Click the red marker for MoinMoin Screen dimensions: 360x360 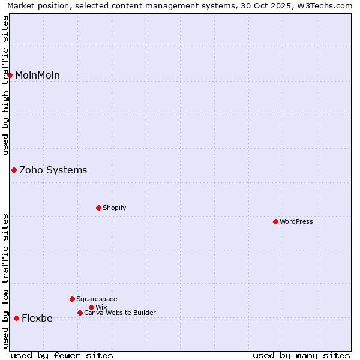point(10,75)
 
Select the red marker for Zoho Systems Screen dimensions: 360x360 point(14,170)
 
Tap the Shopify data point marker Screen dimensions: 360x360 point(98,208)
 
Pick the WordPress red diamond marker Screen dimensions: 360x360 point(275,221)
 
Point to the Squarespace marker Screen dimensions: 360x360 point(72,299)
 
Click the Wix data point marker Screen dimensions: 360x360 point(91,307)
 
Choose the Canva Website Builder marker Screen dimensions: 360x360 point(80,313)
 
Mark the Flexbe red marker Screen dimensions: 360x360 point(16,318)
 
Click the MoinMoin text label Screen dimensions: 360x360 point(37,75)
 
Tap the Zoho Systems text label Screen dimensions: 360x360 point(53,170)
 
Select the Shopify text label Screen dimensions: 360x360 point(114,208)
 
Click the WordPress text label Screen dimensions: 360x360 point(296,221)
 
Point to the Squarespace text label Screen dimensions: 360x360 point(97,299)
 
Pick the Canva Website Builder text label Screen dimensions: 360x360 point(120,313)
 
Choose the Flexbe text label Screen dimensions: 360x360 point(37,318)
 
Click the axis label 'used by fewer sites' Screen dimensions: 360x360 point(62,355)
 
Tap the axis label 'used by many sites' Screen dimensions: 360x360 point(301,355)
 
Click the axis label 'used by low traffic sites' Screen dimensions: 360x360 point(5,281)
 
